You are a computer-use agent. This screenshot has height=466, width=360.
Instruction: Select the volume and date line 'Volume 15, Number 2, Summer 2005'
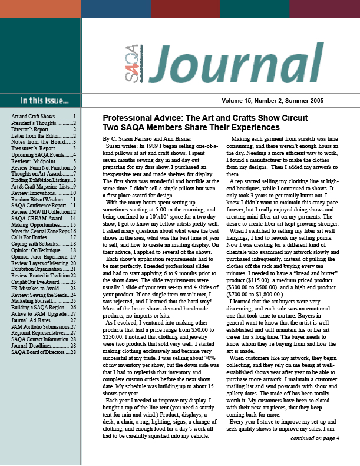click(280, 101)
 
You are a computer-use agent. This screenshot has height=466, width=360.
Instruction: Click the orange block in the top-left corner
click(40, 9)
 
